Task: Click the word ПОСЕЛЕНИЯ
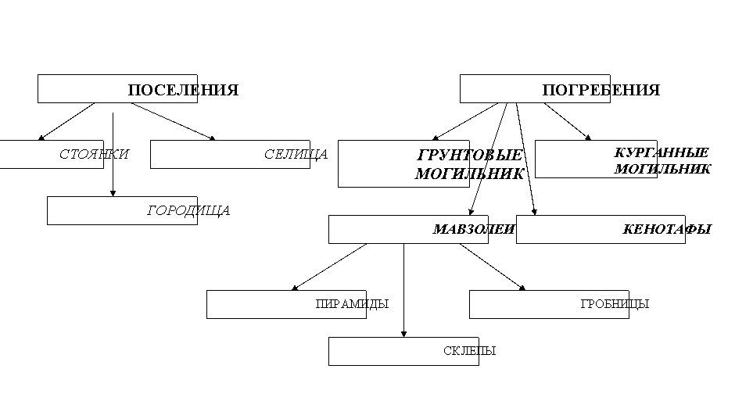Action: coord(183,90)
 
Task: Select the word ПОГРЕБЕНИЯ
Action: coord(601,90)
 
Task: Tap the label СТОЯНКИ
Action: coord(94,154)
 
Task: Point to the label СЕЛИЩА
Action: coord(296,154)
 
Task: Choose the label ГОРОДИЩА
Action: coord(188,210)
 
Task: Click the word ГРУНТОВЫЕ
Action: coord(470,155)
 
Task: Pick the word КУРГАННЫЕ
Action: coord(662,152)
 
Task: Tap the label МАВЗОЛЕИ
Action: coord(474,229)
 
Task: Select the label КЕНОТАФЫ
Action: coord(667,229)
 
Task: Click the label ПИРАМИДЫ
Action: coord(352,304)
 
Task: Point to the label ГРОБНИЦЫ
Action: coord(615,304)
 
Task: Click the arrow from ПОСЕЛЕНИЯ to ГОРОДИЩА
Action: coord(113,155)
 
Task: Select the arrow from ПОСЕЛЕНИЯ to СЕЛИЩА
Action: coord(174,122)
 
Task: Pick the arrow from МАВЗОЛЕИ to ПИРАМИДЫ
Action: coord(329,267)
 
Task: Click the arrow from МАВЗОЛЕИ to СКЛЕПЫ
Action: coord(404,290)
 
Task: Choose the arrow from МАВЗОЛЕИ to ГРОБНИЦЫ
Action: coord(493,267)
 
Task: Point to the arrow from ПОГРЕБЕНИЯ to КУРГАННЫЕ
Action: coord(568,122)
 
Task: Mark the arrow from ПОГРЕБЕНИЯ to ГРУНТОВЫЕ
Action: coord(465,122)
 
